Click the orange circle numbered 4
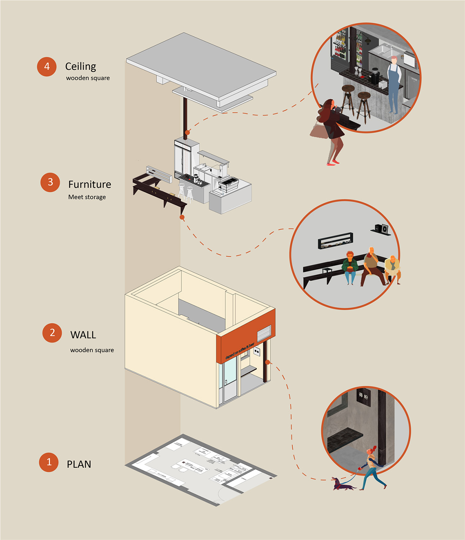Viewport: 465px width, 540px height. click(x=47, y=67)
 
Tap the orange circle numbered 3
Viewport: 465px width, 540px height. click(x=50, y=182)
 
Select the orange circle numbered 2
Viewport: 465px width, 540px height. click(x=52, y=333)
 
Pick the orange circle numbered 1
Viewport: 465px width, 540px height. click(x=49, y=462)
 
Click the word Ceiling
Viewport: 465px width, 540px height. click(x=81, y=67)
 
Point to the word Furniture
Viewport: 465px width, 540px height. click(x=90, y=185)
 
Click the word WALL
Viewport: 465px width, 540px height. click(x=83, y=335)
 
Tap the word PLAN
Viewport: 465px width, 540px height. click(x=79, y=464)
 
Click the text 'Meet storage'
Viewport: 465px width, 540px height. click(x=87, y=197)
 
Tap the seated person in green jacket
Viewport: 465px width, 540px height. click(x=350, y=266)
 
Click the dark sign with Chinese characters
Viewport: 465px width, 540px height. click(x=363, y=397)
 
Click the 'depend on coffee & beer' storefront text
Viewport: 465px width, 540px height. click(x=240, y=351)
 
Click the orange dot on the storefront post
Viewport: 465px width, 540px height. click(x=267, y=362)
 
